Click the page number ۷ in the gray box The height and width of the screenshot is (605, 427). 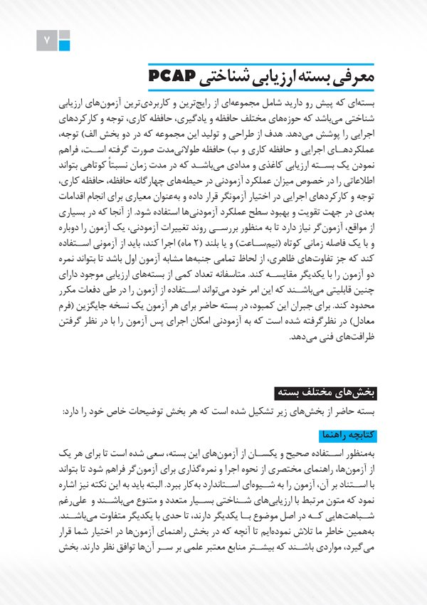tap(47, 41)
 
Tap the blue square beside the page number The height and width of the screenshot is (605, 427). tap(65, 46)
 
